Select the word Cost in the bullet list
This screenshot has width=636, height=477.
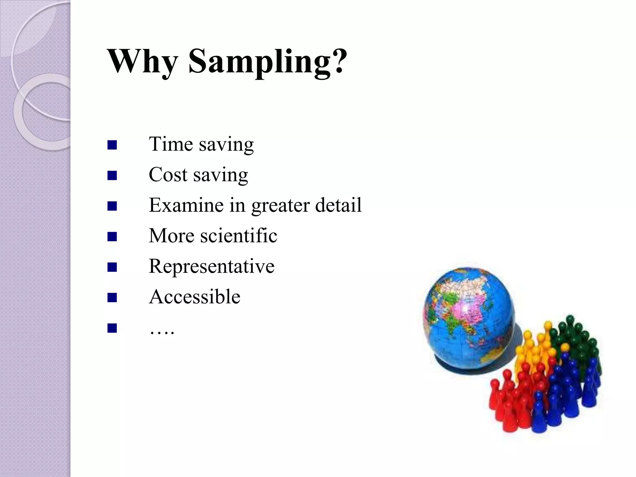pyautogui.click(x=168, y=175)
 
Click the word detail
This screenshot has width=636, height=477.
pyautogui.click(x=338, y=205)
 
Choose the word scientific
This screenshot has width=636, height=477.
pyautogui.click(x=238, y=236)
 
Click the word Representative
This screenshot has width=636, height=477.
pyautogui.click(x=211, y=266)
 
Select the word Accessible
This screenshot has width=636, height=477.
pyautogui.click(x=194, y=297)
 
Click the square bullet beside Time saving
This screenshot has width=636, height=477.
pyautogui.click(x=112, y=145)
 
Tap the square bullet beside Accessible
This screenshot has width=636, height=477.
pyautogui.click(x=112, y=298)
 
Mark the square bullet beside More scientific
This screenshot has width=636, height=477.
pyautogui.click(x=112, y=237)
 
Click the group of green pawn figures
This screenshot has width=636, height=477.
pyautogui.click(x=575, y=342)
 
